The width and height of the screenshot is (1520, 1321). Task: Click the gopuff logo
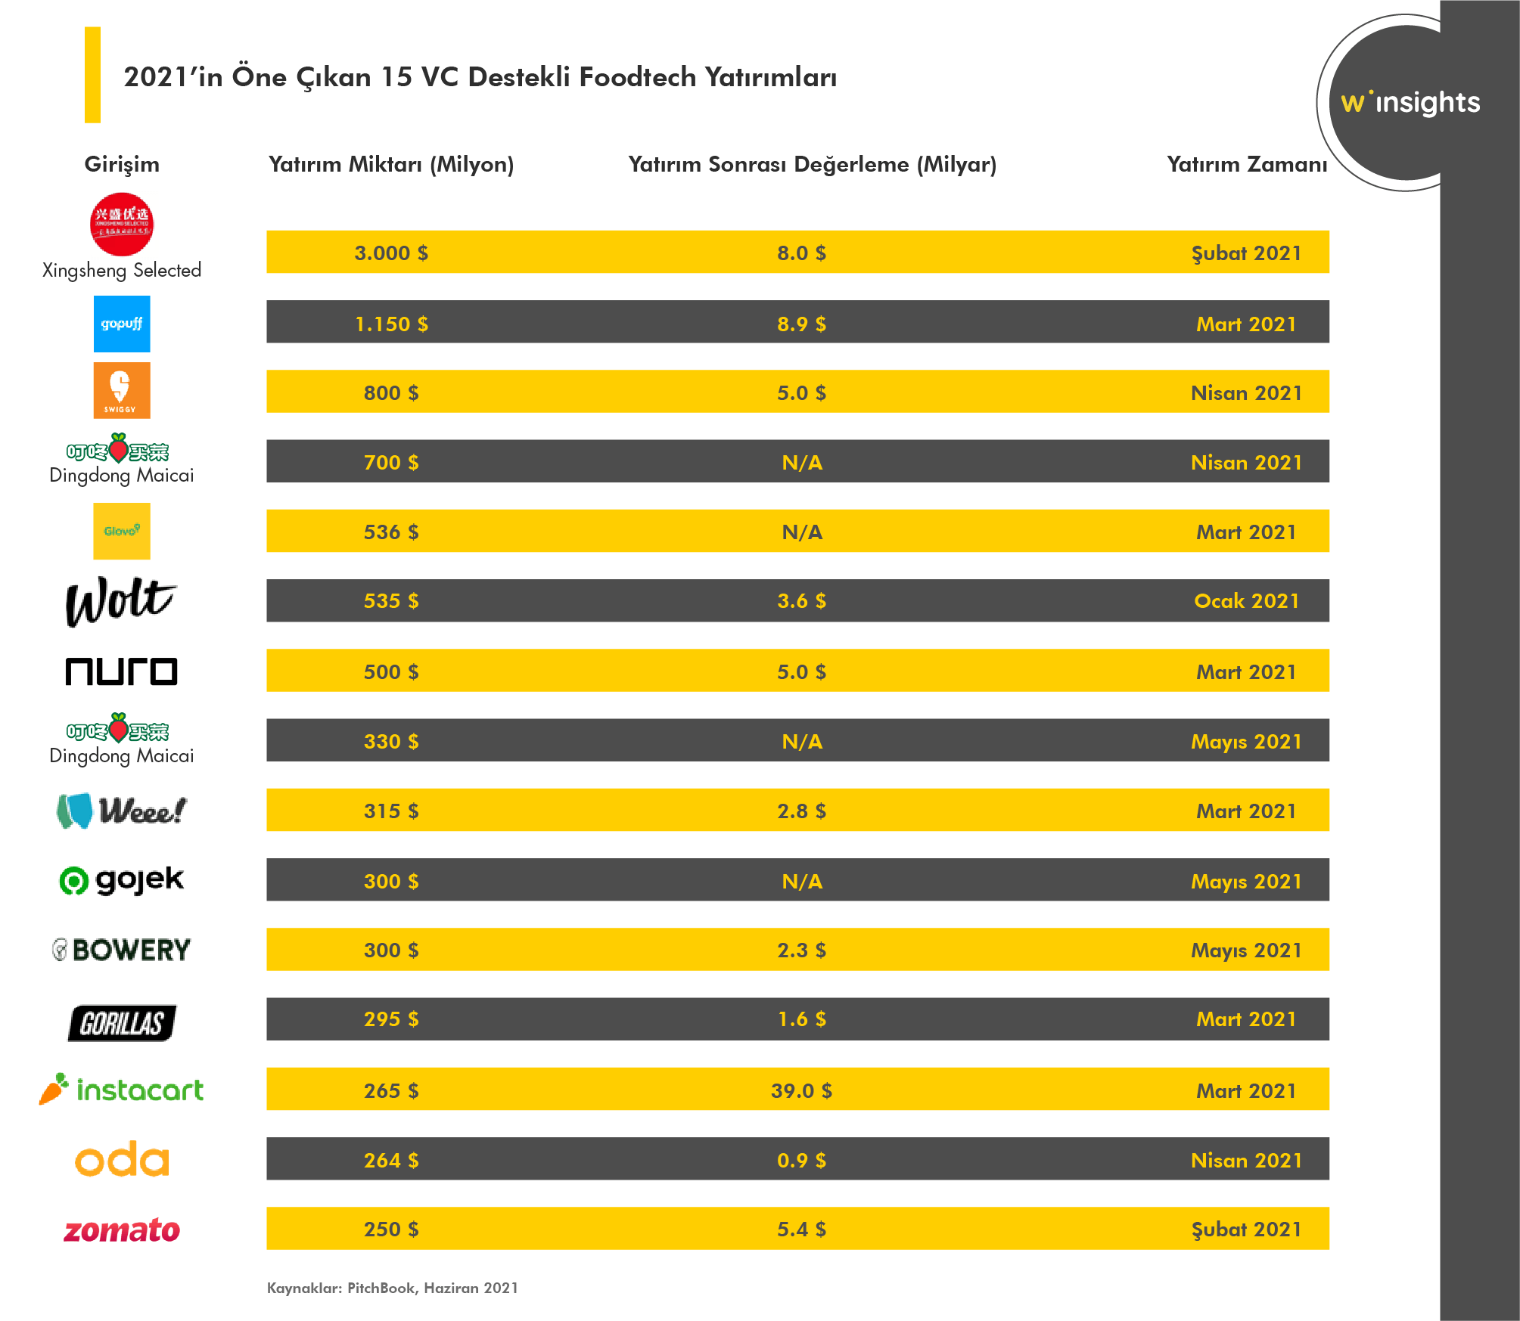(122, 324)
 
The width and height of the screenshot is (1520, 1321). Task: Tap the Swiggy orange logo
(122, 390)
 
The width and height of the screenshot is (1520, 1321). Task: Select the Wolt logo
(121, 601)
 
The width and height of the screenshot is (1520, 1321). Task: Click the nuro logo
(121, 671)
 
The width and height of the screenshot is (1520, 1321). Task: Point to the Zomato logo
(122, 1230)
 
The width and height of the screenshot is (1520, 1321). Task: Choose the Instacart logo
(122, 1090)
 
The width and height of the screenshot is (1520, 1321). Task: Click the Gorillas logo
(122, 1023)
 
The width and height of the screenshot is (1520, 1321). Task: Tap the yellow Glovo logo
(122, 531)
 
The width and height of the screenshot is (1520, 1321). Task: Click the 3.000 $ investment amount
(391, 253)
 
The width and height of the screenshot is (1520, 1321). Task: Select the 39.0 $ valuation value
(801, 1090)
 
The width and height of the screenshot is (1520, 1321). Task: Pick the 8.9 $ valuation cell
(801, 324)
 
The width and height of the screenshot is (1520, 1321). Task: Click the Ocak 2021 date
(1246, 601)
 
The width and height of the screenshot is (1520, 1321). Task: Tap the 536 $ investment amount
(391, 532)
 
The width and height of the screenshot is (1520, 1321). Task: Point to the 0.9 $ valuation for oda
(801, 1160)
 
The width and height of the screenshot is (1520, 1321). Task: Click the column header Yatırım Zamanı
(1246, 164)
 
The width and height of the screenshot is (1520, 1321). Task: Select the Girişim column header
(122, 164)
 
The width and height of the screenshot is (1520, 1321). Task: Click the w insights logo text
(1410, 102)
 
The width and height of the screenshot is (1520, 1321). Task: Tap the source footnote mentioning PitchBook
(393, 1288)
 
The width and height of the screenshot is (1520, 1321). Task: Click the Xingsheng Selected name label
(122, 270)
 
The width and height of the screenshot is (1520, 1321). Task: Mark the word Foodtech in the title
(637, 77)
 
